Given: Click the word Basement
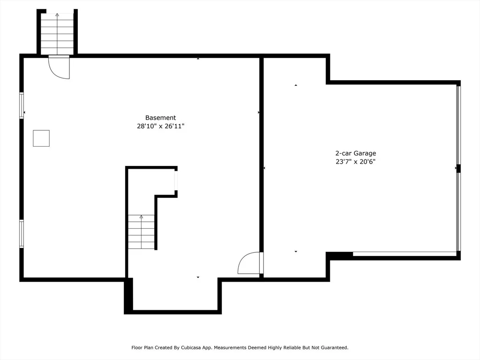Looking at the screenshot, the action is (160, 118).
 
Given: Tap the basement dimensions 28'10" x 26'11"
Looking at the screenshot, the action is (160, 126).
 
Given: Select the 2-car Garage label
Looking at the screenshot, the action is (355, 153).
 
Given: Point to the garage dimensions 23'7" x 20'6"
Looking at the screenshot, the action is (355, 162).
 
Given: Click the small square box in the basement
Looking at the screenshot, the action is (41, 138).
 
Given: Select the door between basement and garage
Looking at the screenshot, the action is (250, 263).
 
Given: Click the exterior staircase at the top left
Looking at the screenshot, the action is (57, 34).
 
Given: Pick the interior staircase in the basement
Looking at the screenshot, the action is (141, 232).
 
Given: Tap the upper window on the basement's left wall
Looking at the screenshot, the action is (22, 105).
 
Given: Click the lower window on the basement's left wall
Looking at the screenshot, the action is (22, 234).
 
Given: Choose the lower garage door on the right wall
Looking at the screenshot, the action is (458, 212).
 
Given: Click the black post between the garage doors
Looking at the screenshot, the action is (458, 169).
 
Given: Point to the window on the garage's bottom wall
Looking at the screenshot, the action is (405, 254).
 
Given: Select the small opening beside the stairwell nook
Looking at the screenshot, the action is (176, 180).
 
